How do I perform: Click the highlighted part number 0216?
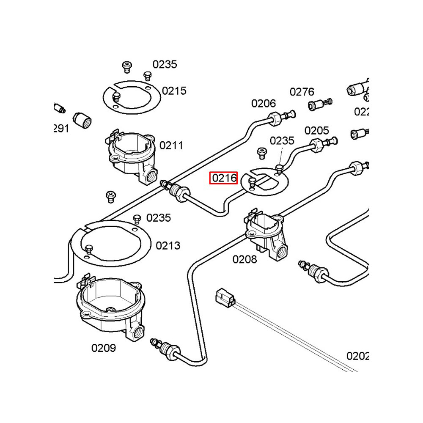(x=224, y=178)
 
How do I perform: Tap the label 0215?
(x=174, y=91)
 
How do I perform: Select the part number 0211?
(x=171, y=146)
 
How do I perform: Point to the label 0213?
(x=168, y=246)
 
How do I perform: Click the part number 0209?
(x=104, y=348)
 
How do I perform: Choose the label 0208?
(x=244, y=259)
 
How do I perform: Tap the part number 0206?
(x=264, y=104)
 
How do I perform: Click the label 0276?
(x=302, y=92)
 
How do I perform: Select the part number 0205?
(x=316, y=131)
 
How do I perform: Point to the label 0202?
(x=358, y=356)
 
